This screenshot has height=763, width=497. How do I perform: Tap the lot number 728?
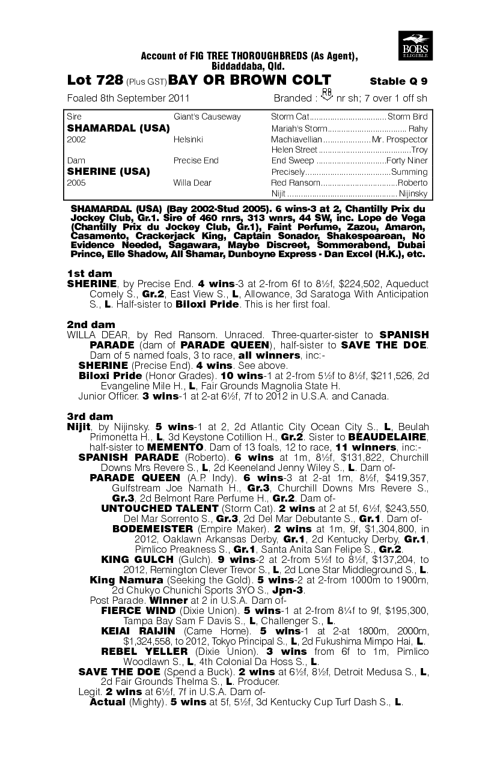click(x=111, y=81)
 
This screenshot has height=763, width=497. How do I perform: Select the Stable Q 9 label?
click(x=398, y=82)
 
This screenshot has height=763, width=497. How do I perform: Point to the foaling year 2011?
click(x=178, y=99)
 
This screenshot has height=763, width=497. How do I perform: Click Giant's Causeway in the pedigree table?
click(x=198, y=117)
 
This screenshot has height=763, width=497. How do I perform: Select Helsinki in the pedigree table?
click(x=188, y=139)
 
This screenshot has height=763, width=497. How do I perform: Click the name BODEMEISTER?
click(x=153, y=529)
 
